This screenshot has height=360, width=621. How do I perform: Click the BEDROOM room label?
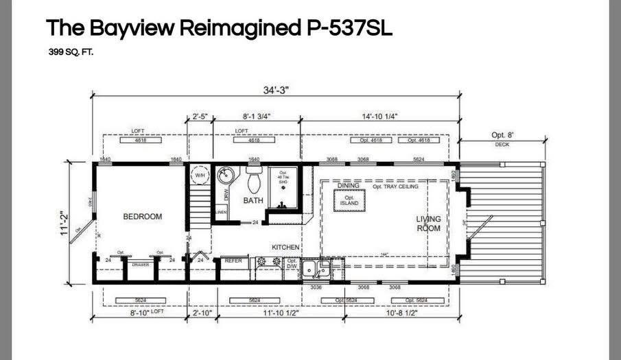142,217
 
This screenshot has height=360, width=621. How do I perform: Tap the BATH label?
253,201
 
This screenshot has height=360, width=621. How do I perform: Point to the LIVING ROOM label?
428,224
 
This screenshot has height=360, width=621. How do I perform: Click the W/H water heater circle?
200,176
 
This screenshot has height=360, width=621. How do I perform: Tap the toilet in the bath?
253,181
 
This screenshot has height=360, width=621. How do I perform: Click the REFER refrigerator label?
234,261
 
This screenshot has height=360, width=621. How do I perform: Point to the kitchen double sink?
318,267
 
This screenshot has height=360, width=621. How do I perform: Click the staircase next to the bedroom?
200,204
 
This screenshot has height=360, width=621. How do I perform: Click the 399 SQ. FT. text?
71,51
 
